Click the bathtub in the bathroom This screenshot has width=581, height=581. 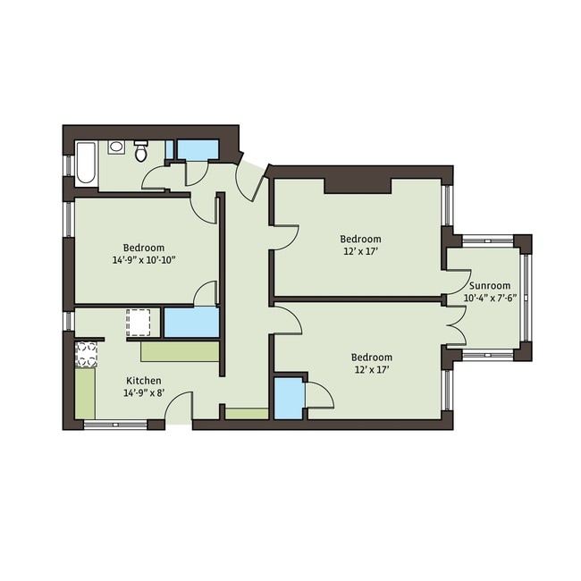coord(86,163)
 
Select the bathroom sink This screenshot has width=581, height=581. coord(115,147)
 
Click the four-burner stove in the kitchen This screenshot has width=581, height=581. coord(86,355)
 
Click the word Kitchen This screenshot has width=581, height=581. coord(143,380)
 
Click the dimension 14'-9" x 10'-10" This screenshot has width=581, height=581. coord(143,260)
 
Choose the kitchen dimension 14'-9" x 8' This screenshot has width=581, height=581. coord(143,392)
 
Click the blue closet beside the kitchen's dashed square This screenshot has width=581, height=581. coord(190,322)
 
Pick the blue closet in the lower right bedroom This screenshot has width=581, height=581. coord(288,399)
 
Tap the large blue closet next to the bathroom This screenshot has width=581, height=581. coord(197,149)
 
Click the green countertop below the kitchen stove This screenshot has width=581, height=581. coord(85,393)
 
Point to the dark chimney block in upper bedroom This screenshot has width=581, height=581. coord(358,184)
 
